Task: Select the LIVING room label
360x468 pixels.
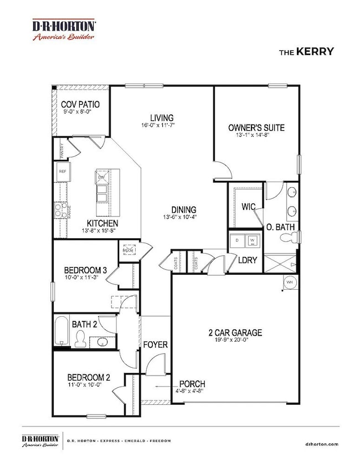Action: (161, 117)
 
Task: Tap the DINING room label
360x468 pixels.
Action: (183, 209)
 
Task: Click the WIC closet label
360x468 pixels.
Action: (248, 207)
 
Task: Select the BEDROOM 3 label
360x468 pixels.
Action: (85, 271)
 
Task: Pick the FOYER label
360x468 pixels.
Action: (155, 344)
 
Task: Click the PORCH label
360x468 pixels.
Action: (192, 384)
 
